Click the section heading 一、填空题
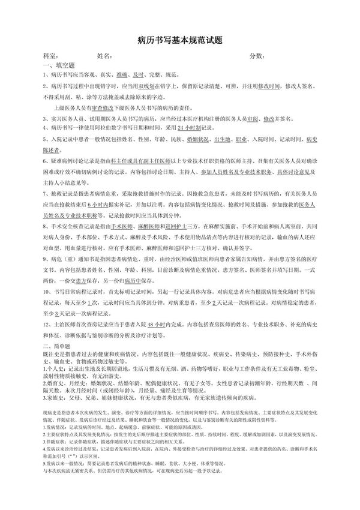pyautogui.click(x=58, y=65)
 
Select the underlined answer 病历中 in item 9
pyautogui.click(x=135, y=280)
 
